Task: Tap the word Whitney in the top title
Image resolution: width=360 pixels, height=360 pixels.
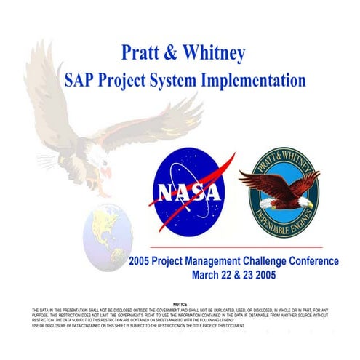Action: tap(216, 53)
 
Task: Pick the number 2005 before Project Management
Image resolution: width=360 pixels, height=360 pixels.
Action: tap(143, 260)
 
